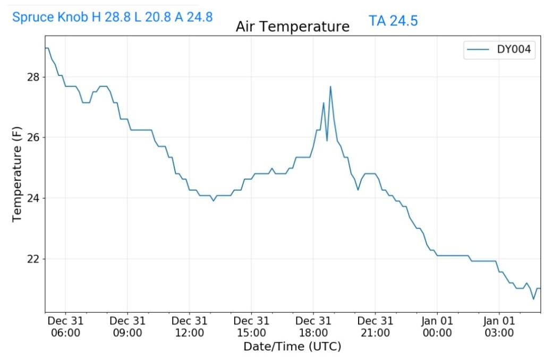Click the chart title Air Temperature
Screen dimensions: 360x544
tap(292, 27)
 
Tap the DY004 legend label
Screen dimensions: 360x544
tap(515, 50)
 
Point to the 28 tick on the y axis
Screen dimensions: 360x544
tap(33, 77)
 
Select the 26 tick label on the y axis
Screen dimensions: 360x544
tap(33, 138)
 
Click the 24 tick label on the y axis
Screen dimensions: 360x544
tap(33, 198)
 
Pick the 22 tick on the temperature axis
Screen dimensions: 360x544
tap(33, 259)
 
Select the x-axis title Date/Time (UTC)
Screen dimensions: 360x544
tap(292, 347)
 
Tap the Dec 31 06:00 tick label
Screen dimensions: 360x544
tap(65, 327)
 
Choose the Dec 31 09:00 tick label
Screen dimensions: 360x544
tap(127, 327)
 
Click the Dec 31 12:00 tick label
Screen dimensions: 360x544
tap(189, 327)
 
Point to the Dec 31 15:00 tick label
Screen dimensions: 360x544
tap(251, 327)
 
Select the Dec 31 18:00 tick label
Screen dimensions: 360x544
tap(313, 327)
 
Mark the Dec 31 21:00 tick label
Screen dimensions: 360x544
tap(375, 327)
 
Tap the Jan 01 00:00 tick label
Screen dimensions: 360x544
tap(437, 327)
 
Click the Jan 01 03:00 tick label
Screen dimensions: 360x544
tap(499, 327)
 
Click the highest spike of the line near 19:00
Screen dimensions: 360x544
tap(330, 87)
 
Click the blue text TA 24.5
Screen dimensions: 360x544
tap(393, 21)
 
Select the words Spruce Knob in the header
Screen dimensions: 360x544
tap(50, 17)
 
